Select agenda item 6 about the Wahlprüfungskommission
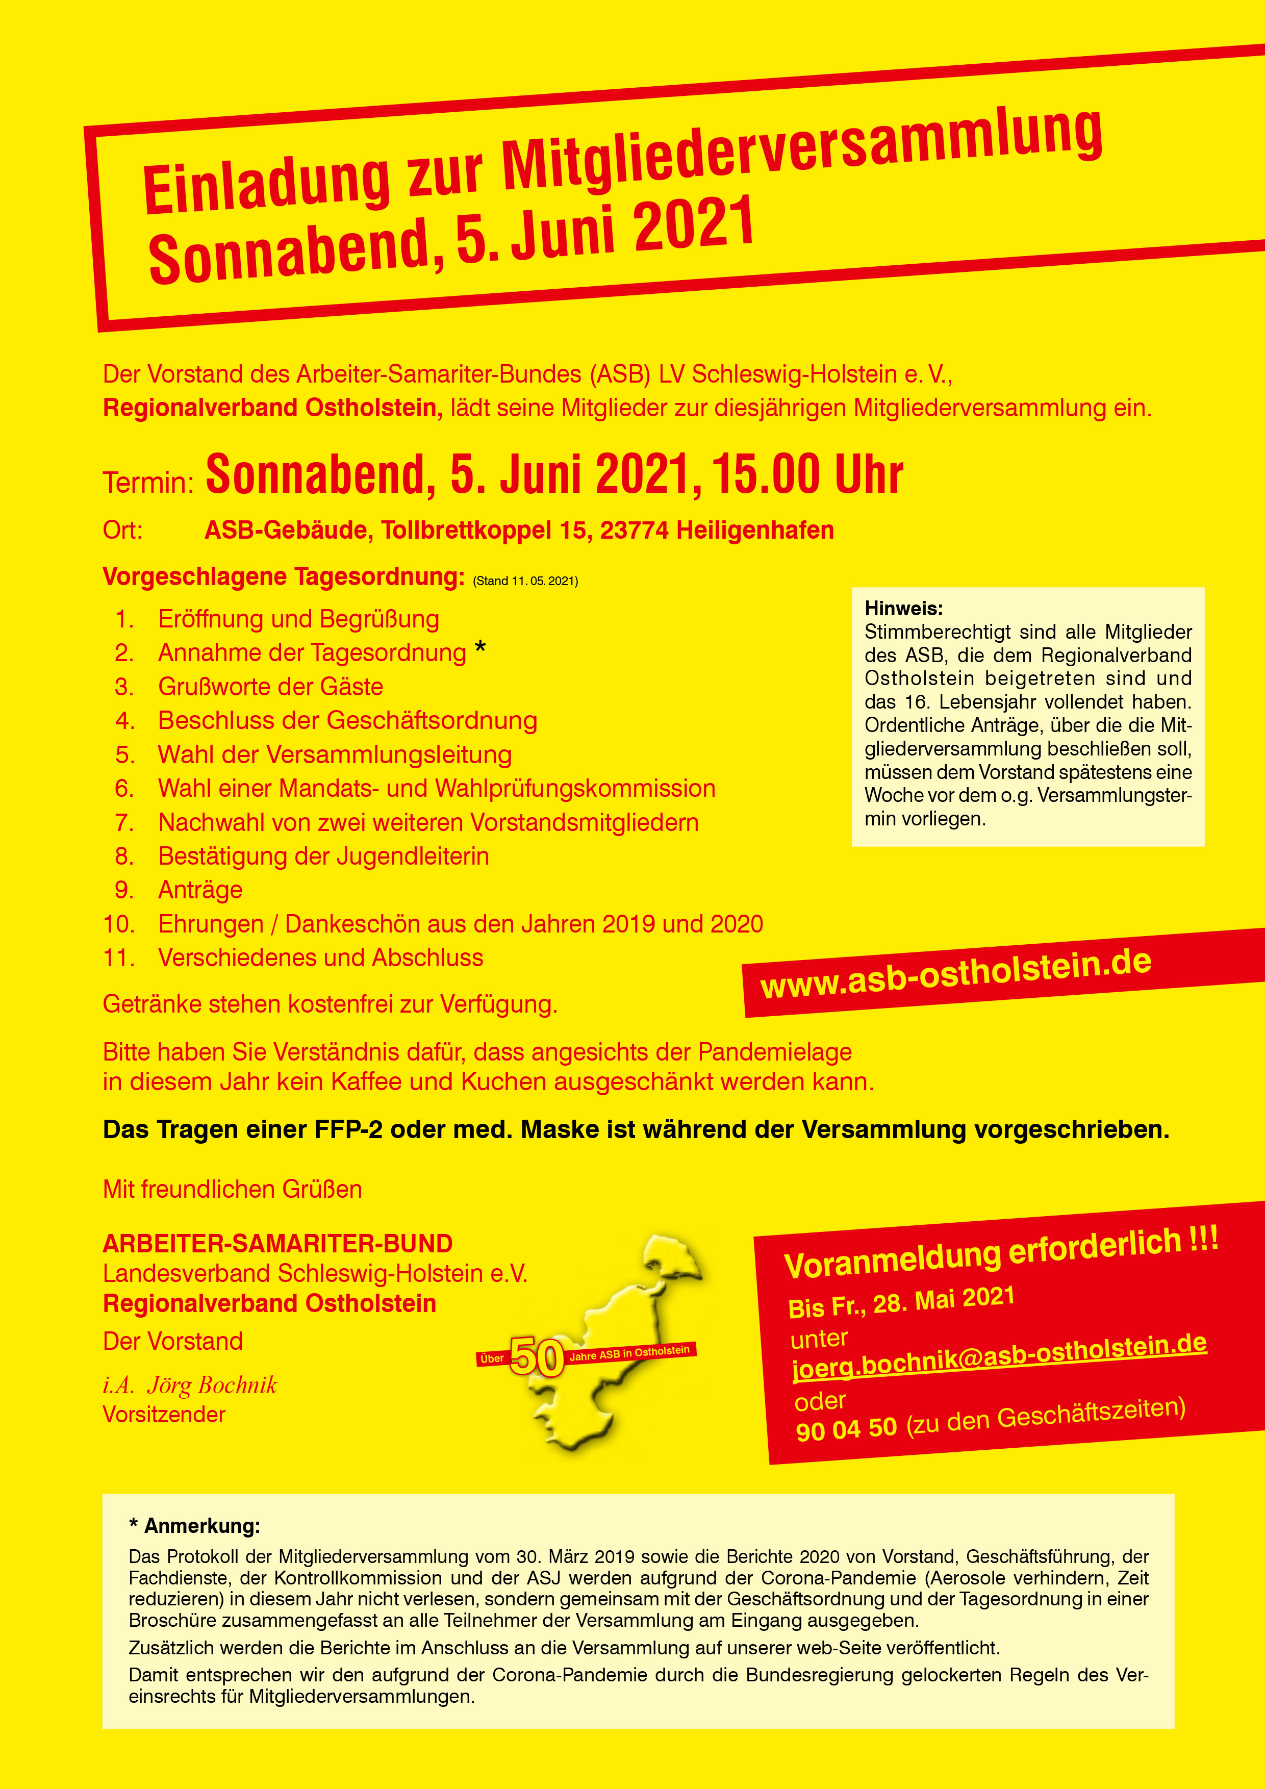click(436, 789)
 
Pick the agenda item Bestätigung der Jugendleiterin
click(323, 856)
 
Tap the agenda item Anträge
click(200, 890)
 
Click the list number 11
click(118, 958)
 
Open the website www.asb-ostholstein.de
click(956, 974)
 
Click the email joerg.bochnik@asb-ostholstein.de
click(999, 1356)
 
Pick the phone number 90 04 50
click(847, 1428)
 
